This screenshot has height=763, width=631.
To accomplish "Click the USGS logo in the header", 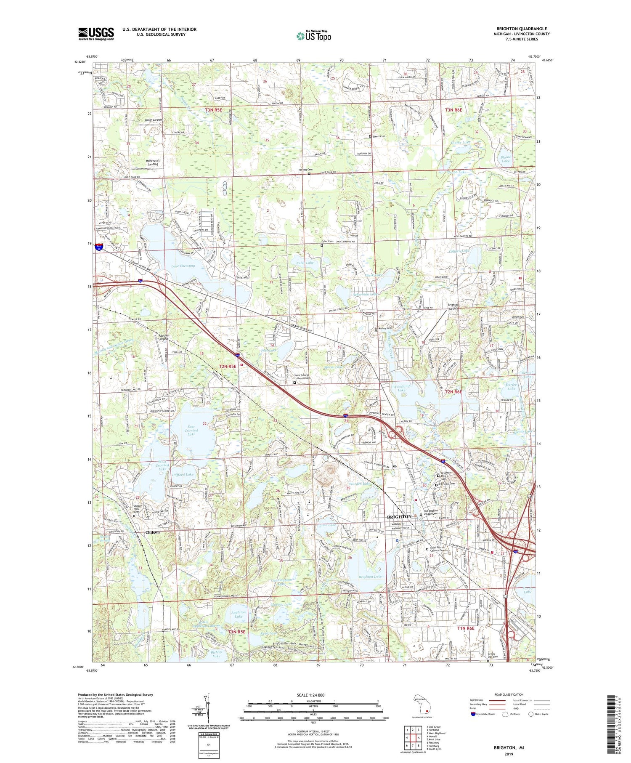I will (96, 34).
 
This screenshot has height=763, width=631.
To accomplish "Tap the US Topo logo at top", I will (313, 36).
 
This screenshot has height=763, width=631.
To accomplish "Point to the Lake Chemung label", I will (183, 266).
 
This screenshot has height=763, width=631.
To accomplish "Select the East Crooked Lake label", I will (191, 430).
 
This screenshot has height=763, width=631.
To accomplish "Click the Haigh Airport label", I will (153, 120).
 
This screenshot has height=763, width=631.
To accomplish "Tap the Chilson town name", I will (152, 532).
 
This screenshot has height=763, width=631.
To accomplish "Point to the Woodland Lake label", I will (401, 388).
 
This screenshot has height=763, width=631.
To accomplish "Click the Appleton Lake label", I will (239, 614).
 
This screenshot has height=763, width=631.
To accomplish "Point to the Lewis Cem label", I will (379, 136).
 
